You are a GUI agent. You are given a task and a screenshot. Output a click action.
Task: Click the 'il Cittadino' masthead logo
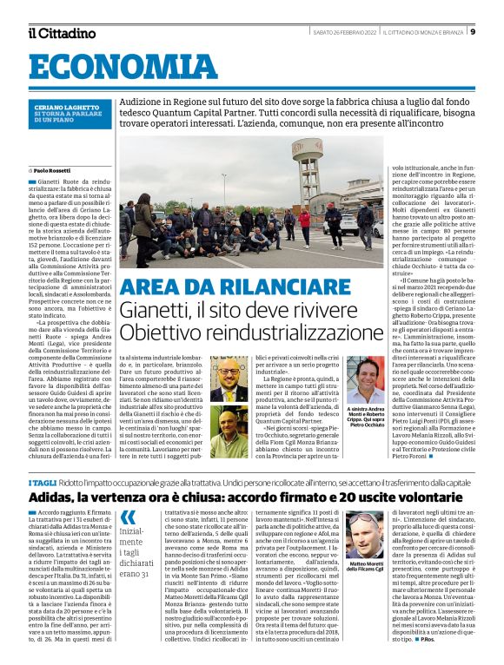61,33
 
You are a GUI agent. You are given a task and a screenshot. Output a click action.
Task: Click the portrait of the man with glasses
229,379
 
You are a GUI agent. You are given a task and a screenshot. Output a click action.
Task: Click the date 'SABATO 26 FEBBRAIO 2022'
336,33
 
